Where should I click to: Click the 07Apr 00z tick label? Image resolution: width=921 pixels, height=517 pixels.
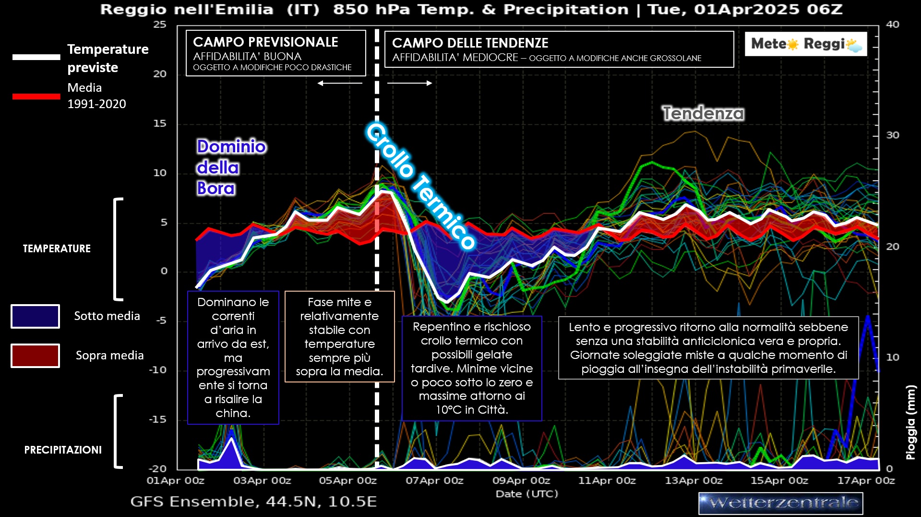click(434, 480)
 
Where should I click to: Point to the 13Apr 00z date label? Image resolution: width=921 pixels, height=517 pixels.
click(693, 480)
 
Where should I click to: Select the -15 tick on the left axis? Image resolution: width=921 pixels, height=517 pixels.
click(157, 419)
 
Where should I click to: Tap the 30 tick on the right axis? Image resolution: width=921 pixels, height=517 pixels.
click(892, 135)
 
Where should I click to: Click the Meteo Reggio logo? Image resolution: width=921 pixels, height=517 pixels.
click(806, 44)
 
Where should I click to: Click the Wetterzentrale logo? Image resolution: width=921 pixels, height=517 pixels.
click(780, 503)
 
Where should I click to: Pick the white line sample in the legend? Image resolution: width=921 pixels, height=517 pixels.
click(36, 57)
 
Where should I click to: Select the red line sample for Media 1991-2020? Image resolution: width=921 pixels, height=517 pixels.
click(36, 97)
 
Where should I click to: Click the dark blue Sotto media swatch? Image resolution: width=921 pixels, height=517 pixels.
click(35, 316)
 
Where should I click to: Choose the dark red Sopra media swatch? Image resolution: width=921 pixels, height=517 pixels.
click(35, 356)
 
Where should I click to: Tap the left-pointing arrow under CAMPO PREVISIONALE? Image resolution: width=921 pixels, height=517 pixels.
click(340, 83)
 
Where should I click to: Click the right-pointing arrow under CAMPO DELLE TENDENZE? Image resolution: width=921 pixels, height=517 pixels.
click(409, 83)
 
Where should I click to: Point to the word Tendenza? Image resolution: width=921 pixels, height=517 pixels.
click(703, 113)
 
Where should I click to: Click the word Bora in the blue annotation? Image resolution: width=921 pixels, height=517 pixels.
click(216, 188)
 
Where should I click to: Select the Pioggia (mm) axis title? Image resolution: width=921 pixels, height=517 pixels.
click(910, 422)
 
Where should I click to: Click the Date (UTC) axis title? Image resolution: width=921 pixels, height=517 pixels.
click(526, 494)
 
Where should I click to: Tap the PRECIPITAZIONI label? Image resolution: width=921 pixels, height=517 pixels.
click(63, 450)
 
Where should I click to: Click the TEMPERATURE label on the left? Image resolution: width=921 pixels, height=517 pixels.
click(57, 249)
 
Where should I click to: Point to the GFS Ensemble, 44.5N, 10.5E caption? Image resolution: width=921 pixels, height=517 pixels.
click(253, 502)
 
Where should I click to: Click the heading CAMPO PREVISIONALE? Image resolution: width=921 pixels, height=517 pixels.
click(265, 42)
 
